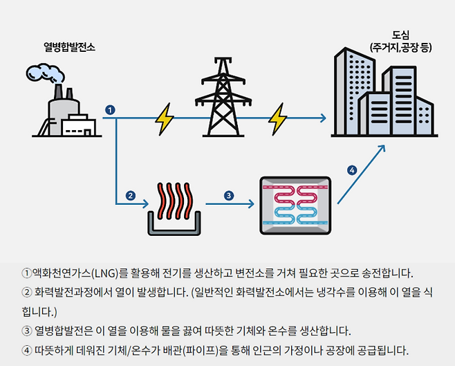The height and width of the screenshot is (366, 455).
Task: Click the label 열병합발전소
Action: coord(68,48)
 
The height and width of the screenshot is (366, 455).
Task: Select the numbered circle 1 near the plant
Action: coord(109,110)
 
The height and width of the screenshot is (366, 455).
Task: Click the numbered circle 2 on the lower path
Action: coord(130,195)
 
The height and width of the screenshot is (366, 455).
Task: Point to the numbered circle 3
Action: coord(229,195)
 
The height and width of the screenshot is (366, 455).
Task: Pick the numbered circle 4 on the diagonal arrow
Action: coord(351,170)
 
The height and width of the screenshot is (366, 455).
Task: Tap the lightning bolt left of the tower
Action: coord(165,119)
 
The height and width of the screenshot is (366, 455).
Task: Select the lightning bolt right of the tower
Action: coord(277,119)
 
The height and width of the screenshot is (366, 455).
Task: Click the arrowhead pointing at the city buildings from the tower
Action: coord(322,119)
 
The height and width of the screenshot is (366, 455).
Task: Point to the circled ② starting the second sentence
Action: coord(27,292)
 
